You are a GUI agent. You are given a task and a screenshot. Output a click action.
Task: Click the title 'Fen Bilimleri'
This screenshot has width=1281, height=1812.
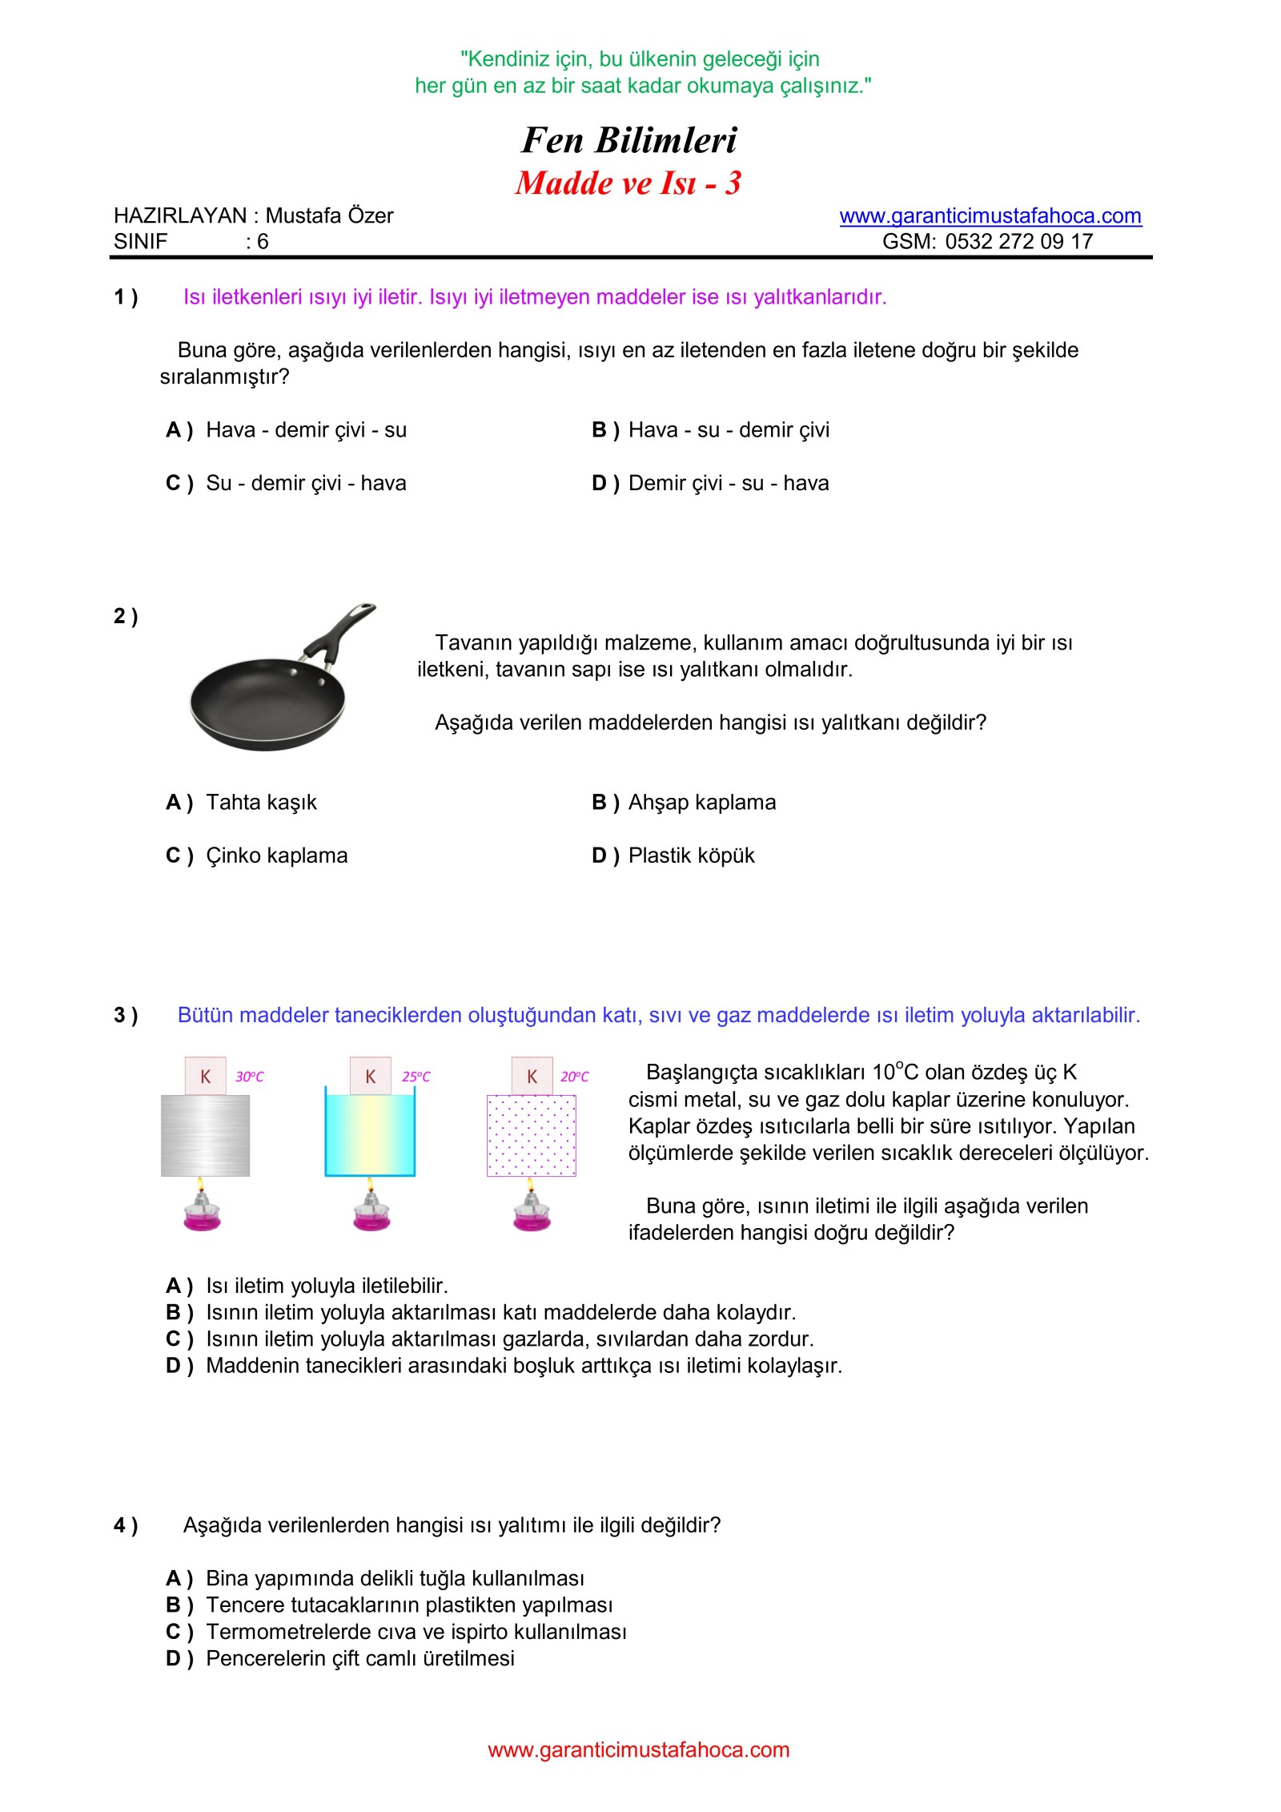coord(629,140)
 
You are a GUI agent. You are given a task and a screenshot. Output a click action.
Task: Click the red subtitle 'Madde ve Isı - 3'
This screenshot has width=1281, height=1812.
coord(628,183)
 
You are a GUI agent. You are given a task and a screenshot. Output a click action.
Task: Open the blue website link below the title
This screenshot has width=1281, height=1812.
coord(990,216)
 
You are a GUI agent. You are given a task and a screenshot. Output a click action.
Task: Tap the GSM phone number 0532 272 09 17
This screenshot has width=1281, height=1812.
coord(1018,242)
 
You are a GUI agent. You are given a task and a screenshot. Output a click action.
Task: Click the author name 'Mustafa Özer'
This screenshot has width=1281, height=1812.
coord(329,216)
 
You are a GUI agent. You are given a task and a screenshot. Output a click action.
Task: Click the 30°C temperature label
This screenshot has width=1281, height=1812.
coord(249,1077)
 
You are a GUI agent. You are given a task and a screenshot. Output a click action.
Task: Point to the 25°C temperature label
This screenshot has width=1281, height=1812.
coord(416,1077)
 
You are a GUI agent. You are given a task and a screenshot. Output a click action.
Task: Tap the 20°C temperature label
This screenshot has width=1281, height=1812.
coord(574,1077)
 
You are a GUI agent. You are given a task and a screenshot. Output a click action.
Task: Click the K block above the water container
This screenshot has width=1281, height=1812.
coord(371,1077)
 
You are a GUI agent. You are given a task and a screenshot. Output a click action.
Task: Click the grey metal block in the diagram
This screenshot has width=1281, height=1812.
coord(205,1135)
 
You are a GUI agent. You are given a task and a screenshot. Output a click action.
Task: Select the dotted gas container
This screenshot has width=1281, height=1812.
coord(532,1135)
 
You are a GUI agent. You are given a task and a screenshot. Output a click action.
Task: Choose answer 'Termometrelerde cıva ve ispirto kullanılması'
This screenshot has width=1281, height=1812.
coord(416,1632)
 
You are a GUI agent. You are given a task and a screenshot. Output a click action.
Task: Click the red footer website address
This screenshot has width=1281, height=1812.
coord(638,1750)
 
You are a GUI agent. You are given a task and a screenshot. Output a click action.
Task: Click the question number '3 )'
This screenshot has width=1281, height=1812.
coord(126,1016)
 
